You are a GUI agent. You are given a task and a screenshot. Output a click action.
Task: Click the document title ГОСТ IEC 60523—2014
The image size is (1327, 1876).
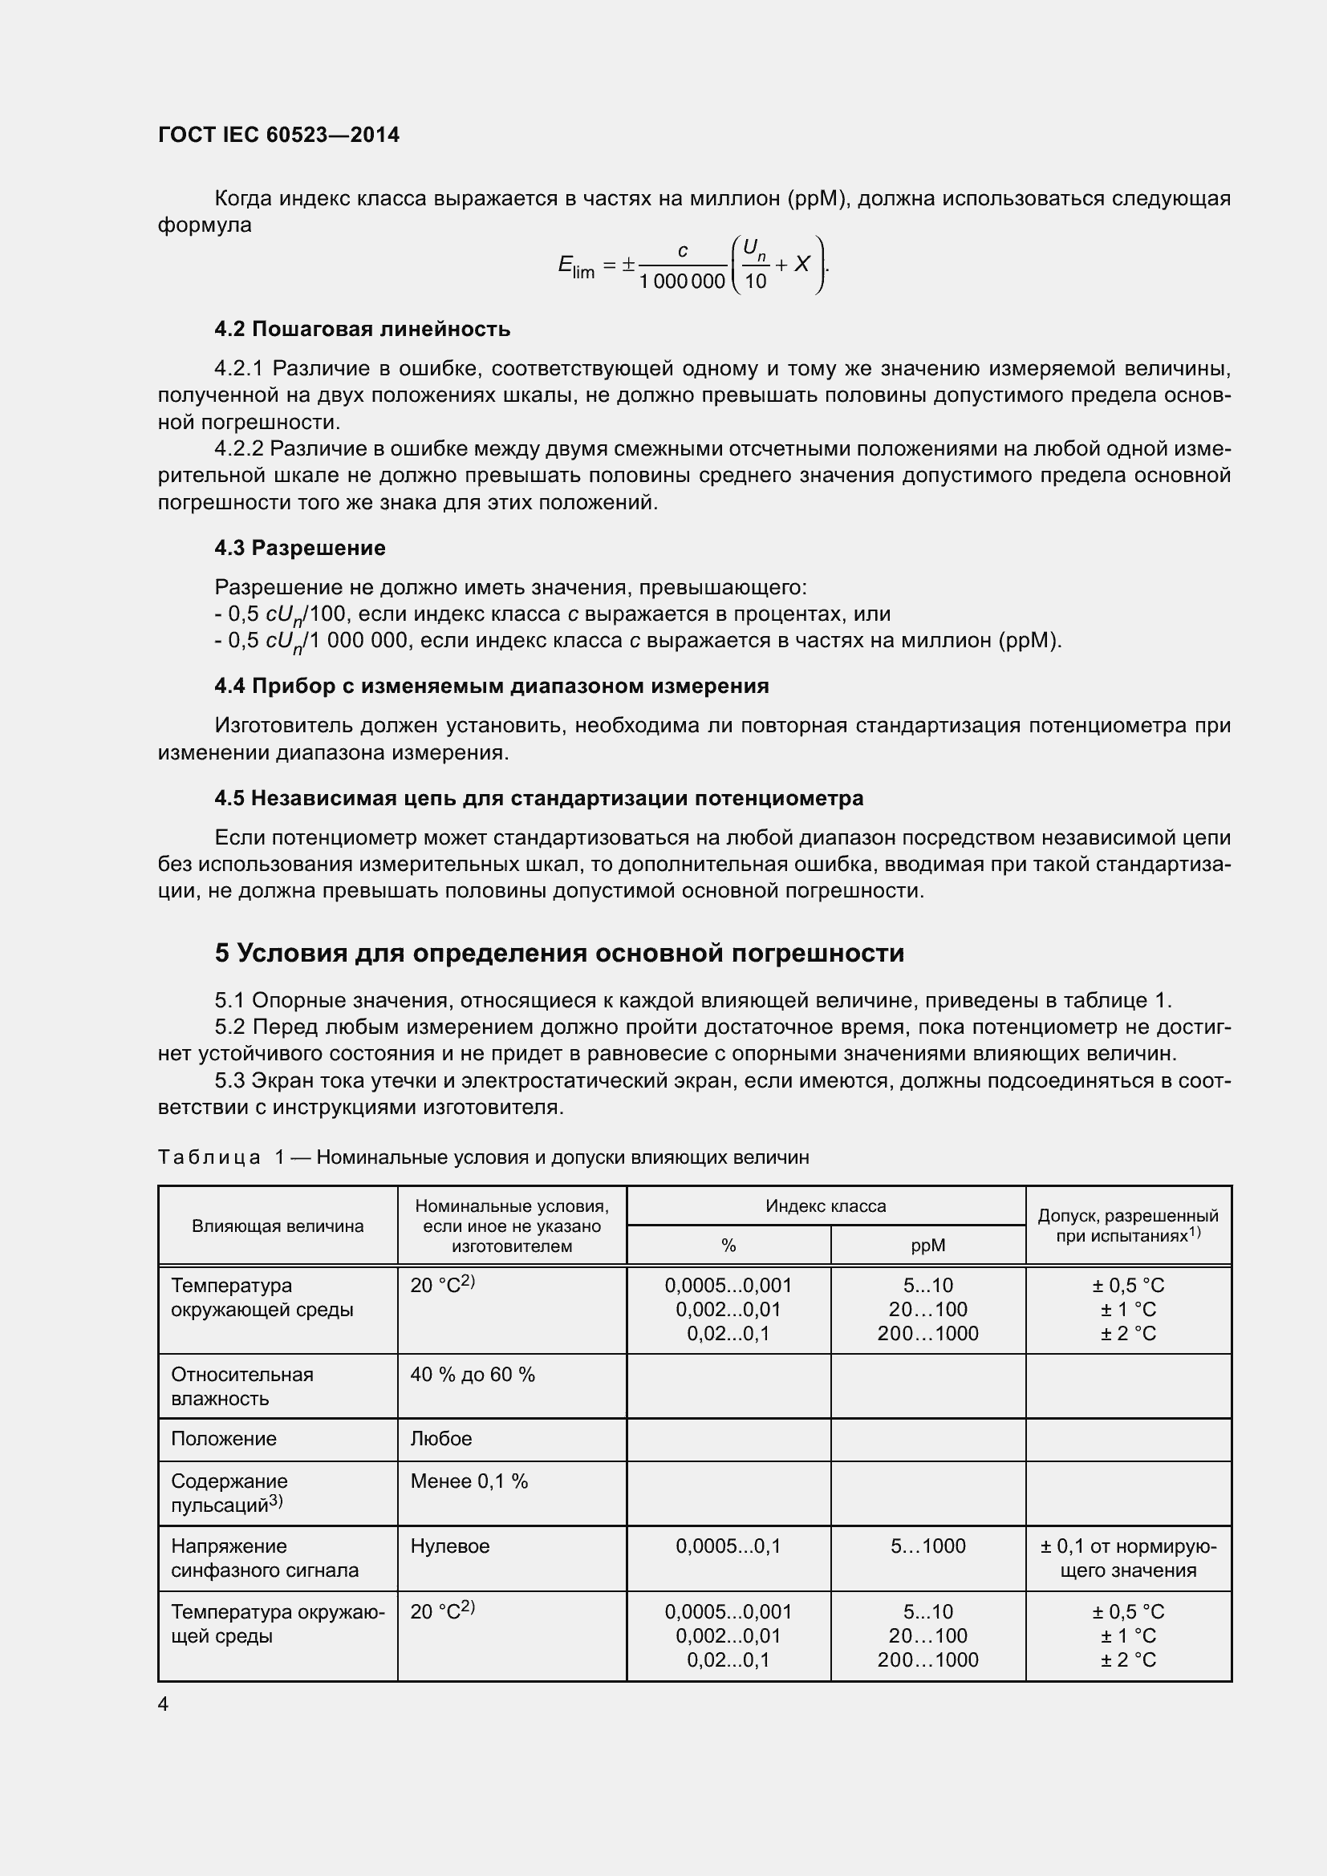[x=278, y=135]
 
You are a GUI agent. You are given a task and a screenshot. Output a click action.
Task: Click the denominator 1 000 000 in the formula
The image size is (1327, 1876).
[x=681, y=281]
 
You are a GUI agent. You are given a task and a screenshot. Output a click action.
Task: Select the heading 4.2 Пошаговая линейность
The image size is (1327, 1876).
[x=362, y=330]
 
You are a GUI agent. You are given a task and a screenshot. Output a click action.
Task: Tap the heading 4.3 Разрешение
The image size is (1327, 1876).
[x=300, y=548]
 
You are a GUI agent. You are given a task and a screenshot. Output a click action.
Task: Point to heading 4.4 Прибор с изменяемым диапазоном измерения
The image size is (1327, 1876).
[x=491, y=686]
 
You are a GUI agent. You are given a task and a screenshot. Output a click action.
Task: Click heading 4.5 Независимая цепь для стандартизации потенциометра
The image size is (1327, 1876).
[x=538, y=798]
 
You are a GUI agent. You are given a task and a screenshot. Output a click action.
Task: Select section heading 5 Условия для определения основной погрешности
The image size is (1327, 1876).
[x=559, y=953]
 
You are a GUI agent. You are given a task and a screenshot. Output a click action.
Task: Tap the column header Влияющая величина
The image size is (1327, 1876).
[x=278, y=1226]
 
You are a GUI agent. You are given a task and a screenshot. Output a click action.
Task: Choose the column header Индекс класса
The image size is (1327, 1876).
[x=826, y=1206]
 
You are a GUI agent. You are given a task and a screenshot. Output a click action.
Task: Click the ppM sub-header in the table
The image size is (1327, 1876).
[x=927, y=1246]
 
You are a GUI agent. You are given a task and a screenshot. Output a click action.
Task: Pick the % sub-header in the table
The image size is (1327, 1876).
[x=728, y=1246]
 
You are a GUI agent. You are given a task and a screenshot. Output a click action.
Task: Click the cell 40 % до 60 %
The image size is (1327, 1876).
[x=473, y=1375]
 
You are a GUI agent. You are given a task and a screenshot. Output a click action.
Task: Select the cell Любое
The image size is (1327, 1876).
[x=440, y=1438]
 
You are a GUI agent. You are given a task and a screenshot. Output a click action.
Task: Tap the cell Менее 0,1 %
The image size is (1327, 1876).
[x=469, y=1481]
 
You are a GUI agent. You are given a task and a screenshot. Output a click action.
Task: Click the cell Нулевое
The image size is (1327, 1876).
[x=449, y=1546]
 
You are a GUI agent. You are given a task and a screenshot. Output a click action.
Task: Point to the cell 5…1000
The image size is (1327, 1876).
[x=927, y=1546]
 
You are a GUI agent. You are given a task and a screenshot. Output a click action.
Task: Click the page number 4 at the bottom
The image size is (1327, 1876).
[x=164, y=1704]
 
